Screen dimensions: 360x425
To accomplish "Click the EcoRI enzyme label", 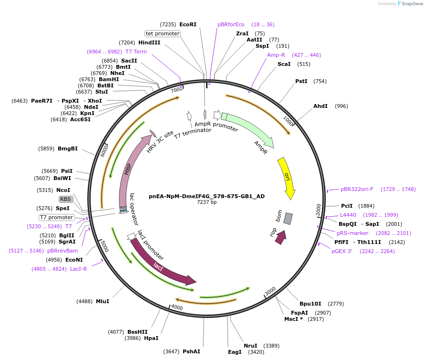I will [188, 24].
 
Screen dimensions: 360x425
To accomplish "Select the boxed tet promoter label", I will [163, 33].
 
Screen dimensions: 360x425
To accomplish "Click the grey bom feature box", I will [288, 218].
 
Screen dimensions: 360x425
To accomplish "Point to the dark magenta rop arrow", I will [280, 237].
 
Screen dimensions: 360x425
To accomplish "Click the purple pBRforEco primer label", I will [231, 24].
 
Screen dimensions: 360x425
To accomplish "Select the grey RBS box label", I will [65, 199].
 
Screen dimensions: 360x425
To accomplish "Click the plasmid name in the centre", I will [207, 196].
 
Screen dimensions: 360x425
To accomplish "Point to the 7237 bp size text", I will [207, 202].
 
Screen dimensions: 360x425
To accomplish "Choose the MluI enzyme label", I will [103, 301].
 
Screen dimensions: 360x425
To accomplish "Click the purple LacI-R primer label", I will [79, 269].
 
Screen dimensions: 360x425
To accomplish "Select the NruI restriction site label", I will [250, 346].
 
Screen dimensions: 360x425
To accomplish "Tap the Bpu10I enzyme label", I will [311, 304].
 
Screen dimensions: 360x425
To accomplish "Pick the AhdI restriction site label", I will [321, 106].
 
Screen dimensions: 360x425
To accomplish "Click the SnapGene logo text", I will [412, 4].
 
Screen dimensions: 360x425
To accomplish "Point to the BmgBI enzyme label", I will [68, 148].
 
